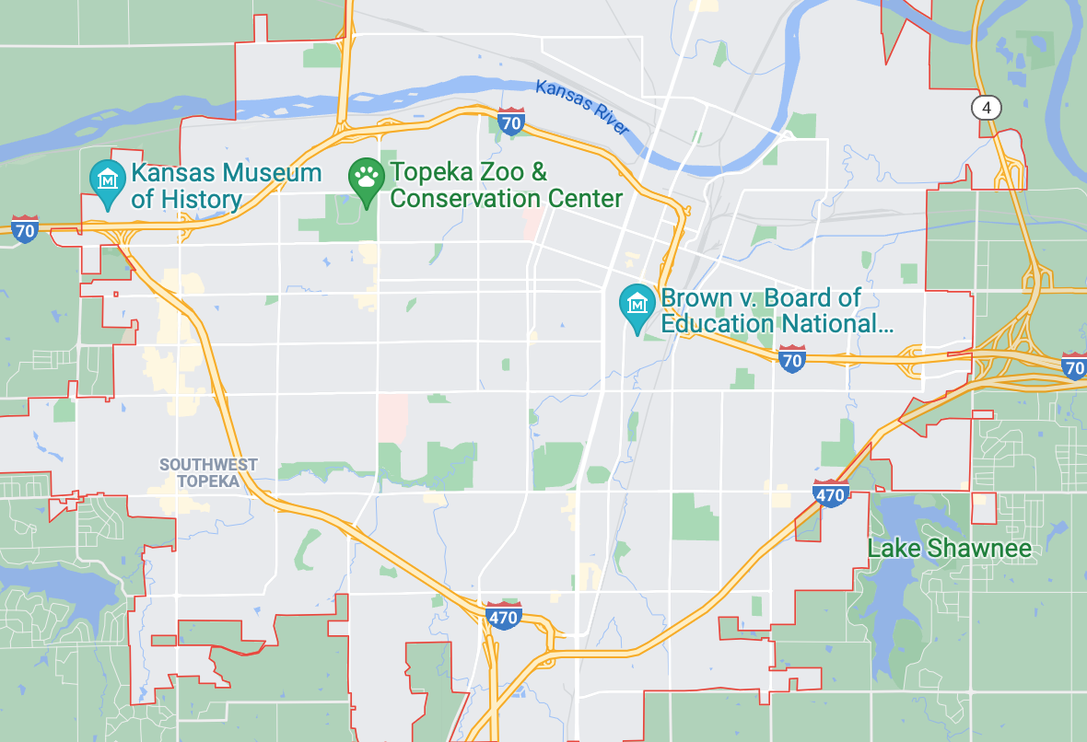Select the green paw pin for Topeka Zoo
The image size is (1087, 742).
pyautogui.click(x=367, y=181)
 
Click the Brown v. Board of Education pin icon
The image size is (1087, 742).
pyautogui.click(x=637, y=308)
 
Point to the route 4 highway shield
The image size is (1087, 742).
pyautogui.click(x=987, y=108)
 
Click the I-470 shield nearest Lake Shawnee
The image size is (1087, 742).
pyautogui.click(x=831, y=493)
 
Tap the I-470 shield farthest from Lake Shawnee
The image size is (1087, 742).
pyautogui.click(x=504, y=616)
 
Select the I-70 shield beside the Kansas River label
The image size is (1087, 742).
pyautogui.click(x=512, y=122)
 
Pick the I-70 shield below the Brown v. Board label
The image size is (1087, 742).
pyautogui.click(x=791, y=359)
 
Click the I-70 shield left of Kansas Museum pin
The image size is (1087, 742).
pyautogui.click(x=25, y=228)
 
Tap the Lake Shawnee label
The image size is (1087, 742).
pyautogui.click(x=949, y=550)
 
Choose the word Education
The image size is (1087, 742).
pyautogui.click(x=718, y=324)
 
